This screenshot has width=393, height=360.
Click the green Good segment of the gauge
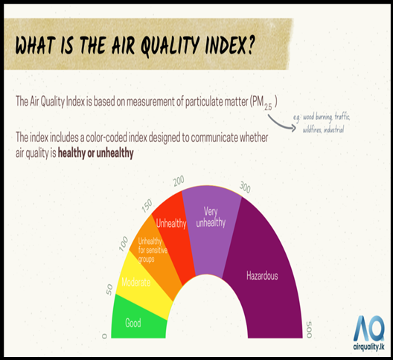click(138, 318)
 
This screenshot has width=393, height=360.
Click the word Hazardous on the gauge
click(262, 275)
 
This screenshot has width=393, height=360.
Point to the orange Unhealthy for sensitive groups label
click(153, 250)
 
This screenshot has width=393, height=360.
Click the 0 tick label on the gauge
click(104, 336)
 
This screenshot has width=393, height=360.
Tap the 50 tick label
click(109, 289)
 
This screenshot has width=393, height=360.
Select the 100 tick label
click(124, 244)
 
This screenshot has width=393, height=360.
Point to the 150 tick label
click(147, 206)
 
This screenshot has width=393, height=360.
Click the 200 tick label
click(179, 181)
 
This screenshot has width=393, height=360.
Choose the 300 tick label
click(245, 187)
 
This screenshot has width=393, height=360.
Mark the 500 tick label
click(309, 330)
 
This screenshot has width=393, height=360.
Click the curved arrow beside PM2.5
click(281, 123)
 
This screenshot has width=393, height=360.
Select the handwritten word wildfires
click(312, 130)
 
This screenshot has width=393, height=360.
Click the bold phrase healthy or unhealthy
click(95, 153)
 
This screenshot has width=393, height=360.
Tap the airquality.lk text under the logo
click(368, 347)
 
